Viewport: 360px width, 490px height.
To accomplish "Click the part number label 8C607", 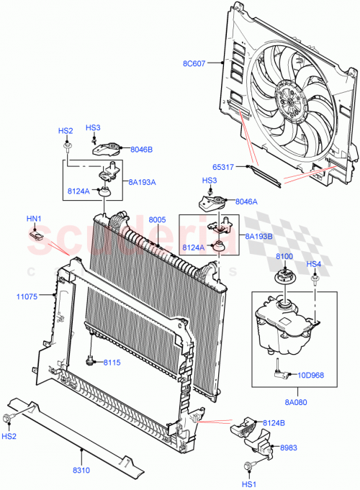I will (x=193, y=63).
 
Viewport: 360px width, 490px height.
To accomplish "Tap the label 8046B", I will (x=142, y=150).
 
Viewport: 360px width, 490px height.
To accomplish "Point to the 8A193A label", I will (x=142, y=182).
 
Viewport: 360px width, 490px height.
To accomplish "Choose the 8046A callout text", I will (x=246, y=202).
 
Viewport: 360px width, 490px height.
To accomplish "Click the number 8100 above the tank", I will (x=284, y=256).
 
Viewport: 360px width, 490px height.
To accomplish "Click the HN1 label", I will (x=34, y=219).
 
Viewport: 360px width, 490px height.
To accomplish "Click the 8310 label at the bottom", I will (x=81, y=470).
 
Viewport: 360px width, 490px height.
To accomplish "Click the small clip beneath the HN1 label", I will (x=36, y=233).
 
